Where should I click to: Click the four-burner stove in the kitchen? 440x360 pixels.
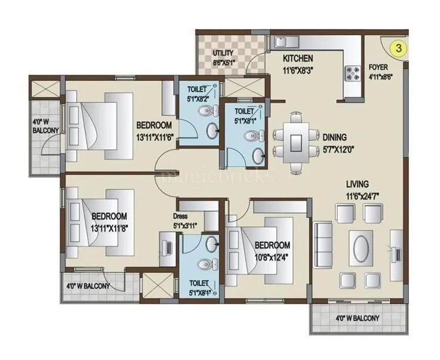(x=355, y=72)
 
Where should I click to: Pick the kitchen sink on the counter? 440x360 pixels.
(x=280, y=42)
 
